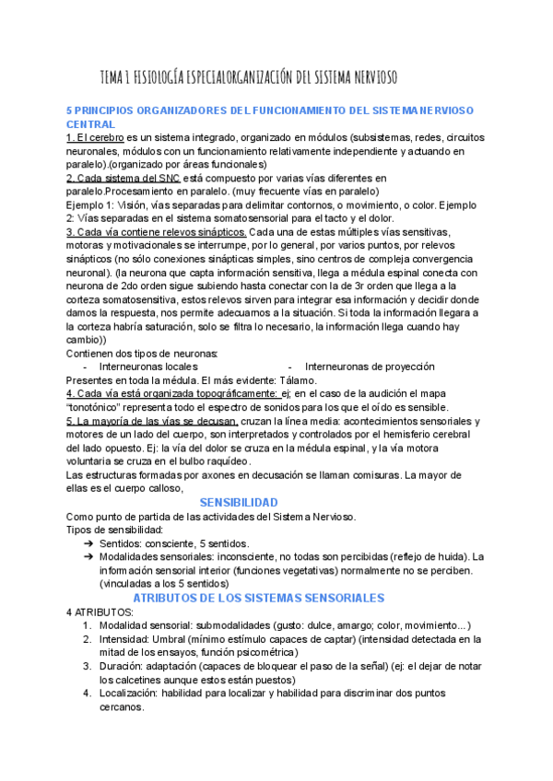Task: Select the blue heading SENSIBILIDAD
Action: [239, 502]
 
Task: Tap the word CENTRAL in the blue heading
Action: [91, 124]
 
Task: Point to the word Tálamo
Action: [293, 380]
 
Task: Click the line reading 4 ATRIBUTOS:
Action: [100, 612]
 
